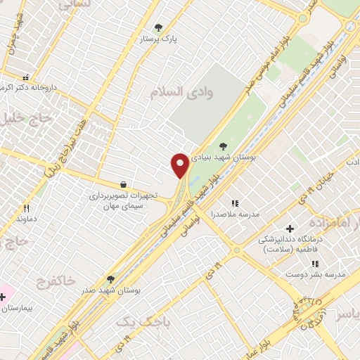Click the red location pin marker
point(180,165)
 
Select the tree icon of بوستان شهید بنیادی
point(223,147)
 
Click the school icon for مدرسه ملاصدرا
point(234,203)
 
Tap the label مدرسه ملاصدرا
point(240,213)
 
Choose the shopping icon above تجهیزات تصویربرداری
point(124,185)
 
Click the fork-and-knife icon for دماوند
point(26,208)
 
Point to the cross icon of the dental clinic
point(290,229)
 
